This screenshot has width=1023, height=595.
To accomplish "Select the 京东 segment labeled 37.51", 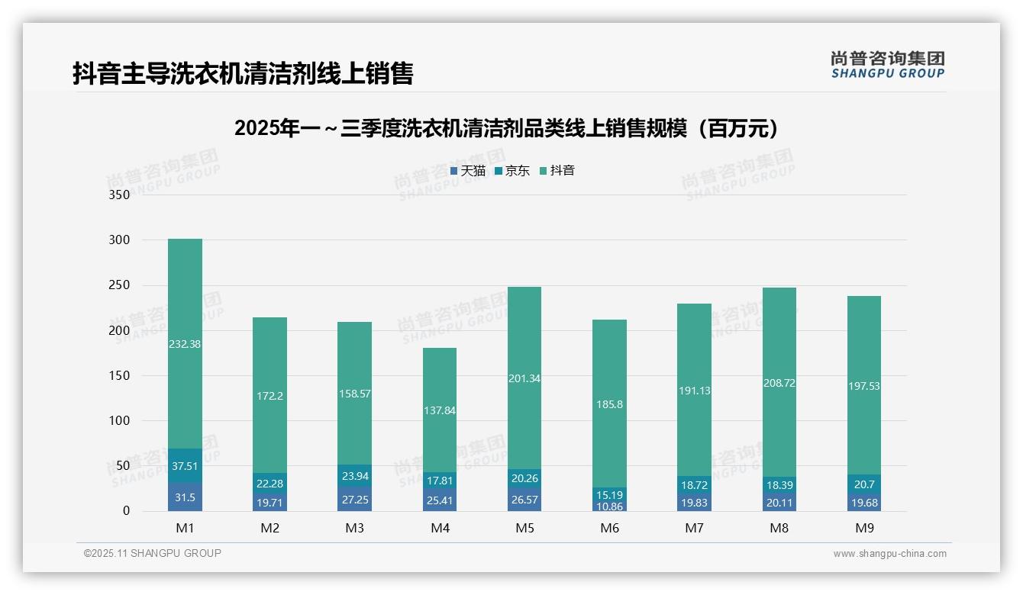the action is (185, 466).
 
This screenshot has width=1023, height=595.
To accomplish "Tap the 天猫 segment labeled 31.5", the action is (185, 497).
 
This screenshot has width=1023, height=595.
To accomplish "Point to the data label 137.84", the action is (439, 410).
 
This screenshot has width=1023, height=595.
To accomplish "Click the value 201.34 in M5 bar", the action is (524, 378).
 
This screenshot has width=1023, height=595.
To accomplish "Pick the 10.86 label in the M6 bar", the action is (608, 506).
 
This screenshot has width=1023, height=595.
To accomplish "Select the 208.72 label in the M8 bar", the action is (779, 383).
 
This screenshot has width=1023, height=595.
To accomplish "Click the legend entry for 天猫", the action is (467, 171).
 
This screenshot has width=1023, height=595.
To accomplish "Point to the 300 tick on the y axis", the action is (120, 240).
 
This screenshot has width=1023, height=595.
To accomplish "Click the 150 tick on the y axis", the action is (120, 376).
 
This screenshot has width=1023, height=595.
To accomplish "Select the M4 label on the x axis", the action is (440, 528).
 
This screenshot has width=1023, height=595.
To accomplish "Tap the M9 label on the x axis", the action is (863, 528).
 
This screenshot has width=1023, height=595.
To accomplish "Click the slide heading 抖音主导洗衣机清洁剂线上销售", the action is (243, 74).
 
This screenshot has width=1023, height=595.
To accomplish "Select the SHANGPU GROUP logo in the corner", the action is (887, 65).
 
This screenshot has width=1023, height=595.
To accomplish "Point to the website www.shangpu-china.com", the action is (889, 554).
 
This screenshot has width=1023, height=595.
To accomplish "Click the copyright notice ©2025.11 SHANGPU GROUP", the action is (153, 554).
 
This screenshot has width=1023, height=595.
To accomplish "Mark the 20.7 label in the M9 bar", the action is (863, 484).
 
